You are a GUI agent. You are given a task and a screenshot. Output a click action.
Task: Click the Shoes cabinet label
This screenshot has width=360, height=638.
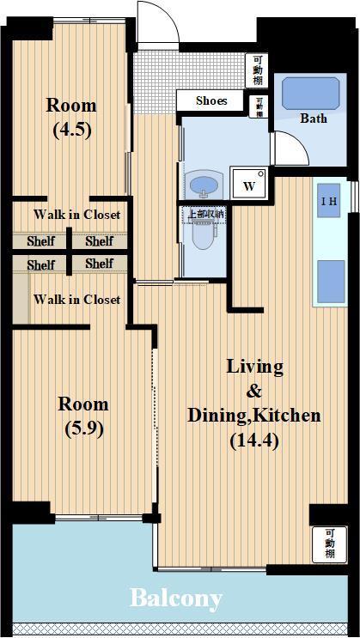(211, 100)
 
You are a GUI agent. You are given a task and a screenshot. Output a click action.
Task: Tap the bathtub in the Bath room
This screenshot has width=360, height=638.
(311, 94)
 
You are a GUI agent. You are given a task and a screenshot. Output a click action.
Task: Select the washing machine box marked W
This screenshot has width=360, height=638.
(249, 183)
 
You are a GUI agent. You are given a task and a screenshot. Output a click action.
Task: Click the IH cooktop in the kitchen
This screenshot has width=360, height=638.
(328, 201)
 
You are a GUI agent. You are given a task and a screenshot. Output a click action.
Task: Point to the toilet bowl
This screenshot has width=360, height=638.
(204, 234)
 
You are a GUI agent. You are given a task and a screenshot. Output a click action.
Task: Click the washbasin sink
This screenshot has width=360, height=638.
(204, 185)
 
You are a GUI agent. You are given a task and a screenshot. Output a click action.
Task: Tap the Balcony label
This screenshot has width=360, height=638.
(176, 599)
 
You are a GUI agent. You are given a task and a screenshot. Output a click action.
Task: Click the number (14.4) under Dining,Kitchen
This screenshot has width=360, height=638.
(254, 441)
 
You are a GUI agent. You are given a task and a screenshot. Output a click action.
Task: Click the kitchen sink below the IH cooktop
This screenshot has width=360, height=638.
(331, 282)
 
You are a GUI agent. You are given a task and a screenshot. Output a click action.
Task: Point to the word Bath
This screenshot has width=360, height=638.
(313, 118)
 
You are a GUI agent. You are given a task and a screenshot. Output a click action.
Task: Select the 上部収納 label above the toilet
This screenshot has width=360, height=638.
(205, 214)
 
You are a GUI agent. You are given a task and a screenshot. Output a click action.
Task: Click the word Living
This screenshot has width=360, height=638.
(254, 368)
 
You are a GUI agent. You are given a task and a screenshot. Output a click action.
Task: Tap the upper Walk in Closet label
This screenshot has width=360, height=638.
(77, 215)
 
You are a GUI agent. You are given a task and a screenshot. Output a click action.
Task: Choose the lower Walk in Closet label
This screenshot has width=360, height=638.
(77, 300)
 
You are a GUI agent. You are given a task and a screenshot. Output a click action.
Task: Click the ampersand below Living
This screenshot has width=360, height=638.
(254, 392)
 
